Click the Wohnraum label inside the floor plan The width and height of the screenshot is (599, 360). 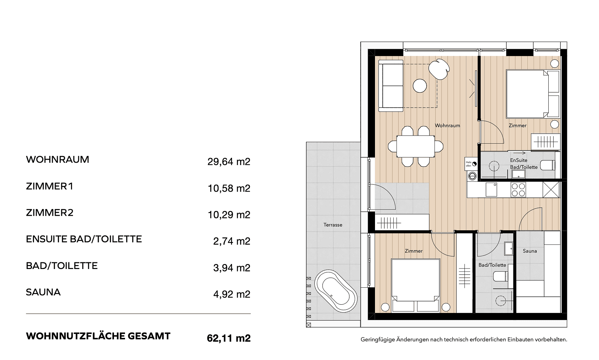tap(447, 126)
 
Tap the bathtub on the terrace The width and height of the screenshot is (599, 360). tap(336, 291)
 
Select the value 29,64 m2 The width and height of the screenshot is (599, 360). tap(229, 162)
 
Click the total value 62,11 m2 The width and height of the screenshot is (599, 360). tap(229, 338)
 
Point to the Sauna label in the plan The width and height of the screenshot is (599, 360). tap(530, 251)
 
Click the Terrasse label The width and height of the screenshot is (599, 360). tap(333, 225)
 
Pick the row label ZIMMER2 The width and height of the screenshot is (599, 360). tap(49, 213)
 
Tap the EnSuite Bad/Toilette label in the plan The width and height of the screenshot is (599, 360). tap(524, 164)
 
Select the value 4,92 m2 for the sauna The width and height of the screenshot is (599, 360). tap(232, 294)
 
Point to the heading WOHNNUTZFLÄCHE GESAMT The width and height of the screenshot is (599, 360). tap(98, 336)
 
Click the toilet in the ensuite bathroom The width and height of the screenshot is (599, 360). tap(547, 165)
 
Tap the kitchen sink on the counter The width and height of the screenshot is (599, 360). tap(491, 190)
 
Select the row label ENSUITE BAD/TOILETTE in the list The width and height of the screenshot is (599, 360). tap(84, 239)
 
